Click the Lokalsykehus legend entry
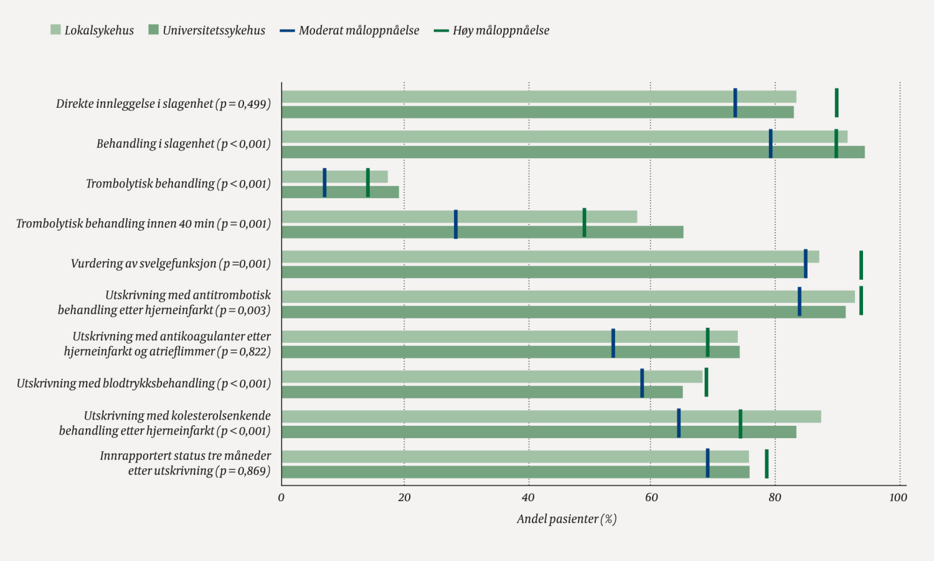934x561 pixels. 92,30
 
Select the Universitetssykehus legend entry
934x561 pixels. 207,30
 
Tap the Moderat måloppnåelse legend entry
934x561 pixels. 350,30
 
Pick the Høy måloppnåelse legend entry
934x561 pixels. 492,30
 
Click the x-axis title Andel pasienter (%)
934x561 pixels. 567,519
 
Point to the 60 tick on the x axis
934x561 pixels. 651,497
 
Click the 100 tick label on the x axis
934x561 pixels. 898,497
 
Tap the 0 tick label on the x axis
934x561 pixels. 281,497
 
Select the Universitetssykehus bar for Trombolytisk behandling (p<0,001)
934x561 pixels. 340,192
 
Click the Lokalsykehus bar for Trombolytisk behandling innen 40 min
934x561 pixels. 459,217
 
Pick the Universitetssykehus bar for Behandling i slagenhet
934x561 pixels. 573,152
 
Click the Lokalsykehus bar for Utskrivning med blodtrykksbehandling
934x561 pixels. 492,376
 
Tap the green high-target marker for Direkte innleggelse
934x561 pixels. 836,103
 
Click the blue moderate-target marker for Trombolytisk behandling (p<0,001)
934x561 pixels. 324,183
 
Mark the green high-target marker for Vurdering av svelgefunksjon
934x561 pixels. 861,265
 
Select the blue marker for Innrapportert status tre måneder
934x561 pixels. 707,463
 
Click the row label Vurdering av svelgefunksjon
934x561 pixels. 171,263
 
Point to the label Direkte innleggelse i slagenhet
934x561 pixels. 163,103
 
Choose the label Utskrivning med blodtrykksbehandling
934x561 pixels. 144,383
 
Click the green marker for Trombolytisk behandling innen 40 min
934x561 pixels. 584,223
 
